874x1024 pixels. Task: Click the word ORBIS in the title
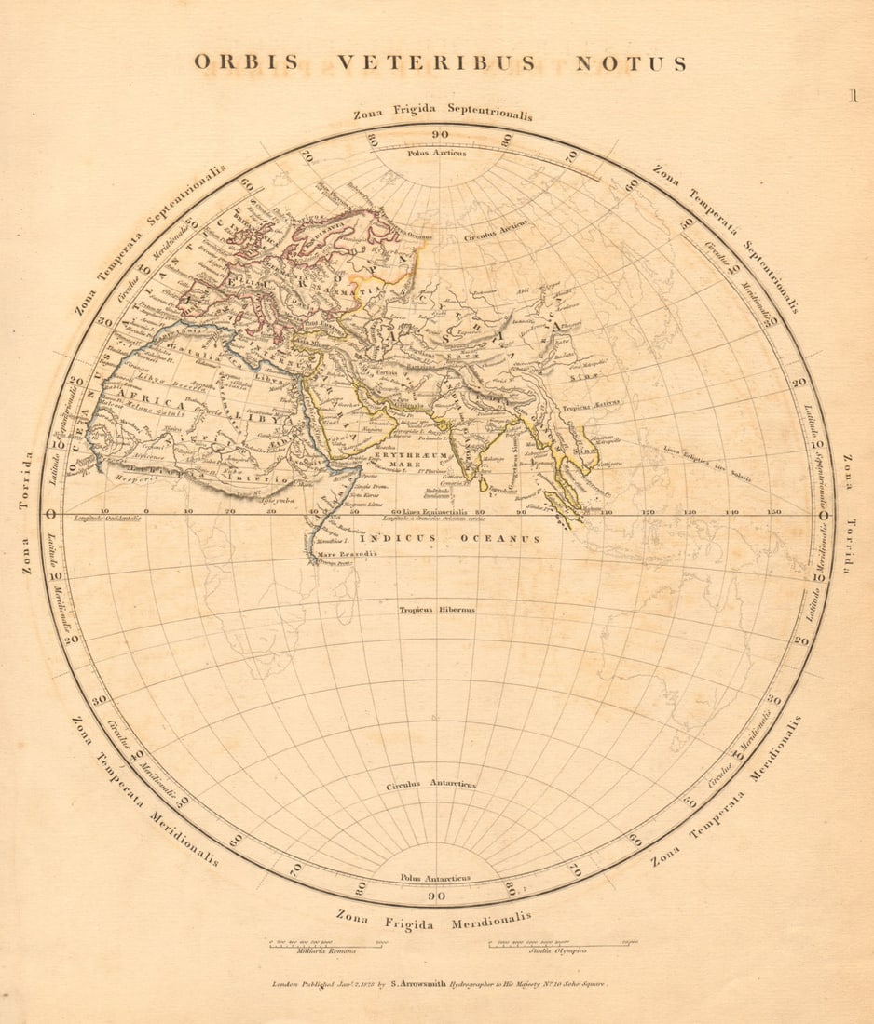[246, 62]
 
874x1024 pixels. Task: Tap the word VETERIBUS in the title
[436, 62]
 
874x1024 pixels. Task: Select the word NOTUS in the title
[631, 63]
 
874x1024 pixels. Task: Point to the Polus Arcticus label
[437, 153]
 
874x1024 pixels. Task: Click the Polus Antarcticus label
[435, 877]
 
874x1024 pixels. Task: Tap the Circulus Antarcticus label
[430, 785]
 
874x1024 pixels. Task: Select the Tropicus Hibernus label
[437, 610]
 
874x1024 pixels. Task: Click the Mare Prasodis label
[335, 554]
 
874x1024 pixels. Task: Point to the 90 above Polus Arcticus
[439, 135]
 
